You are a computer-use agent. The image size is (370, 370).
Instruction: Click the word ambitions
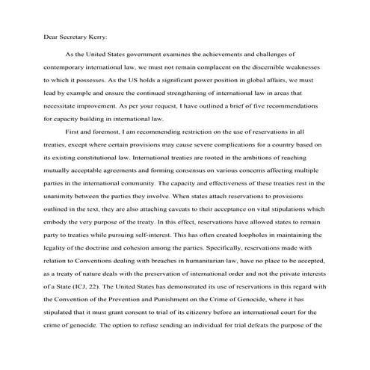click(x=262, y=152)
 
